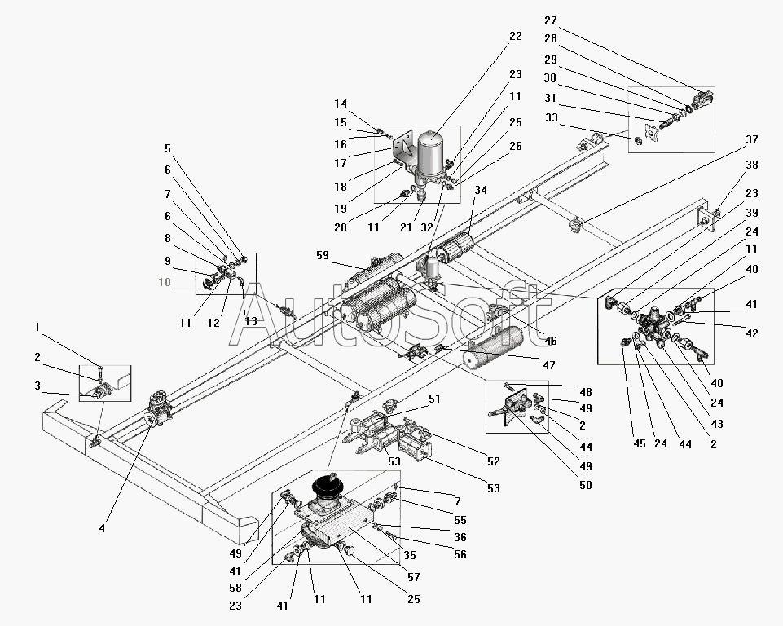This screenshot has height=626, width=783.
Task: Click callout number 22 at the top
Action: [x=514, y=36]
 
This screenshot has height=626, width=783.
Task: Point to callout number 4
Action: [x=102, y=528]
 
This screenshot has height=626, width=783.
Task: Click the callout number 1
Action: [x=37, y=327]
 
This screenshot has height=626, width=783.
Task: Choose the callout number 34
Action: [x=481, y=191]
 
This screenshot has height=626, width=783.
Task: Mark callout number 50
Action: [x=585, y=485]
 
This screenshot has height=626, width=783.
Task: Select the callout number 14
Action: [x=341, y=104]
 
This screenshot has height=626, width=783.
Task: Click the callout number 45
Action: [x=640, y=444]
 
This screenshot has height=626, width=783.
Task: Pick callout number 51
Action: [x=434, y=399]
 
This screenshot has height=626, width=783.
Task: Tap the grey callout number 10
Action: [x=166, y=282]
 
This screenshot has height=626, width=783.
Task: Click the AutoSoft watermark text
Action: [x=383, y=314]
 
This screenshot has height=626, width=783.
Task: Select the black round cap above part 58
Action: [x=331, y=485]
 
